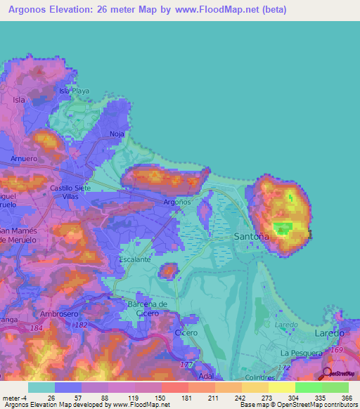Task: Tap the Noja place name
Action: [117, 134]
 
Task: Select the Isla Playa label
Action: [75, 91]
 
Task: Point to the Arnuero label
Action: [23, 159]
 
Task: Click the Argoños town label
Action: [176, 202]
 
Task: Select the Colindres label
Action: [260, 377]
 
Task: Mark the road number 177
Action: [186, 365]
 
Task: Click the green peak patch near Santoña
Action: [283, 228]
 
